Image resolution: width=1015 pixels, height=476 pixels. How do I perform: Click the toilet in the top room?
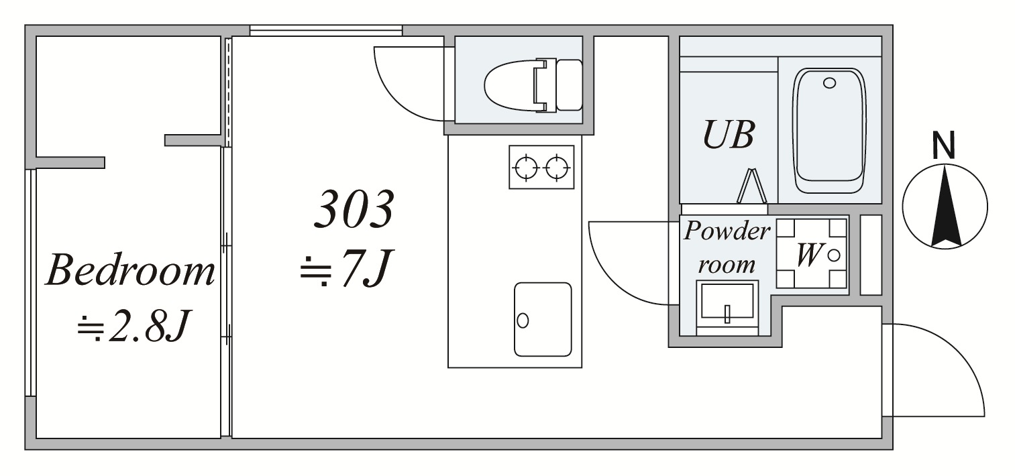(533, 85)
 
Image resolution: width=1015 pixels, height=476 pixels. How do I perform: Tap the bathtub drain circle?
(830, 83)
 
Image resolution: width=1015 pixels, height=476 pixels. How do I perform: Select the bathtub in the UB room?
(830, 131)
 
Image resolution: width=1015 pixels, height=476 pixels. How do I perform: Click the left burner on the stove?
(526, 168)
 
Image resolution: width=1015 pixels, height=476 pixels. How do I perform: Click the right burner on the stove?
(557, 168)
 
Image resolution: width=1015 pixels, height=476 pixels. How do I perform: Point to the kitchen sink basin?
(543, 319)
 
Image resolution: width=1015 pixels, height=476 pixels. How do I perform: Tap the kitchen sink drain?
(523, 320)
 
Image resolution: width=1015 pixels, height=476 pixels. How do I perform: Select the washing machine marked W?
(812, 253)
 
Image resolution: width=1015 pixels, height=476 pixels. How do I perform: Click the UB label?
(729, 135)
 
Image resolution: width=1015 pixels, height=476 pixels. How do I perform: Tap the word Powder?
(727, 231)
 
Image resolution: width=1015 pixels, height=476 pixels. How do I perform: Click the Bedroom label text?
(130, 270)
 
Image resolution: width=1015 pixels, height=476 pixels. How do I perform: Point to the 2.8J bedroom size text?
(134, 326)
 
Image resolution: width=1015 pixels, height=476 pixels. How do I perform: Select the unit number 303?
(354, 209)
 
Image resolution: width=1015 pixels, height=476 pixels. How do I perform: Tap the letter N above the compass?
(945, 145)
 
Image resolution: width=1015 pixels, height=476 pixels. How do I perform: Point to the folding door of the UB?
(751, 186)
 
